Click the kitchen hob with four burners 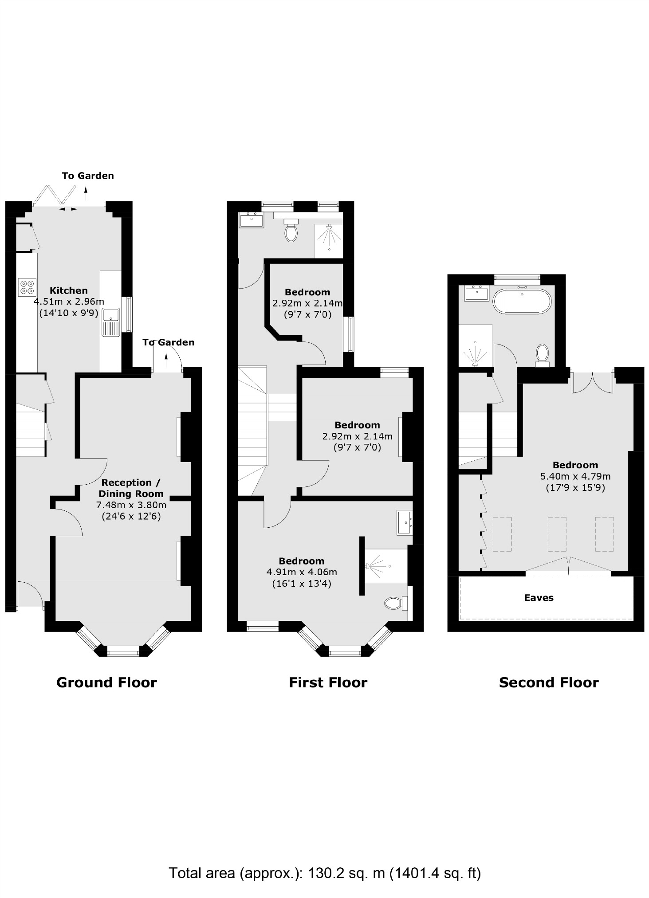click(x=27, y=287)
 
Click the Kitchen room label click(x=68, y=291)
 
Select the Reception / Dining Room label click(x=131, y=488)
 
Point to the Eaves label click(x=539, y=598)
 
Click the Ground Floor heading click(x=106, y=682)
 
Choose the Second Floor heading click(x=549, y=682)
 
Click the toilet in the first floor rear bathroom click(x=291, y=231)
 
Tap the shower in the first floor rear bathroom click(x=329, y=240)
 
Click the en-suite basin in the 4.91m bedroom click(x=405, y=522)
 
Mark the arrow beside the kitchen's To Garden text click(x=86, y=190)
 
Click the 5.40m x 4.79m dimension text click(x=575, y=477)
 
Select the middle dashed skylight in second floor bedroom click(x=557, y=534)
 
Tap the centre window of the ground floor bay click(x=123, y=651)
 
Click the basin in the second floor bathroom click(x=476, y=293)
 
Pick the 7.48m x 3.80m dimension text click(x=131, y=505)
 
